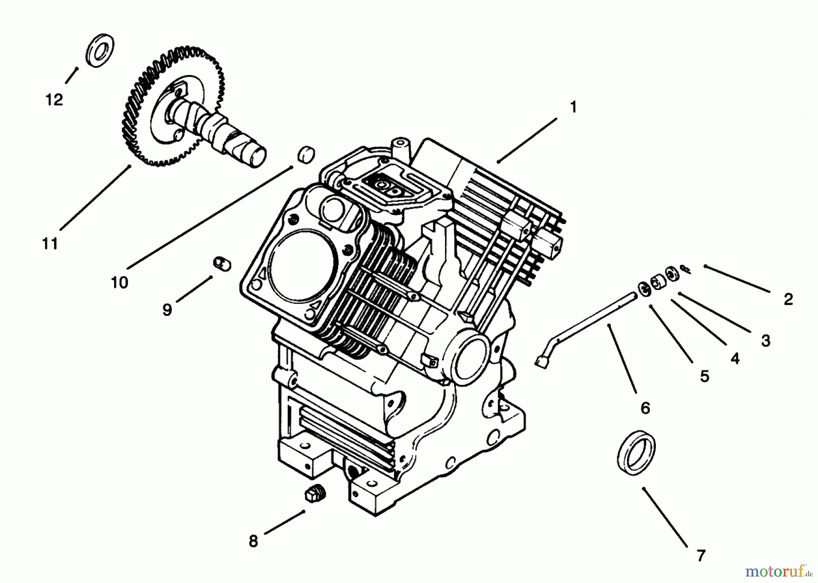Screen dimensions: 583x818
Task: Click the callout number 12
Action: (54, 100)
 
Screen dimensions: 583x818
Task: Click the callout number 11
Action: (50, 244)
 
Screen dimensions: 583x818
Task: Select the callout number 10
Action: (120, 283)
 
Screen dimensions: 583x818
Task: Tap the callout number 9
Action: (167, 310)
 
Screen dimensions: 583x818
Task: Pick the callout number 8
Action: (253, 541)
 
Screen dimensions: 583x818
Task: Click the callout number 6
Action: (645, 408)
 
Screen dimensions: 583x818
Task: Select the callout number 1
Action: (573, 107)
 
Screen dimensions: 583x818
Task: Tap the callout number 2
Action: (788, 299)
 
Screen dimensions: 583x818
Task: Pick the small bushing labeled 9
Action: (222, 263)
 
